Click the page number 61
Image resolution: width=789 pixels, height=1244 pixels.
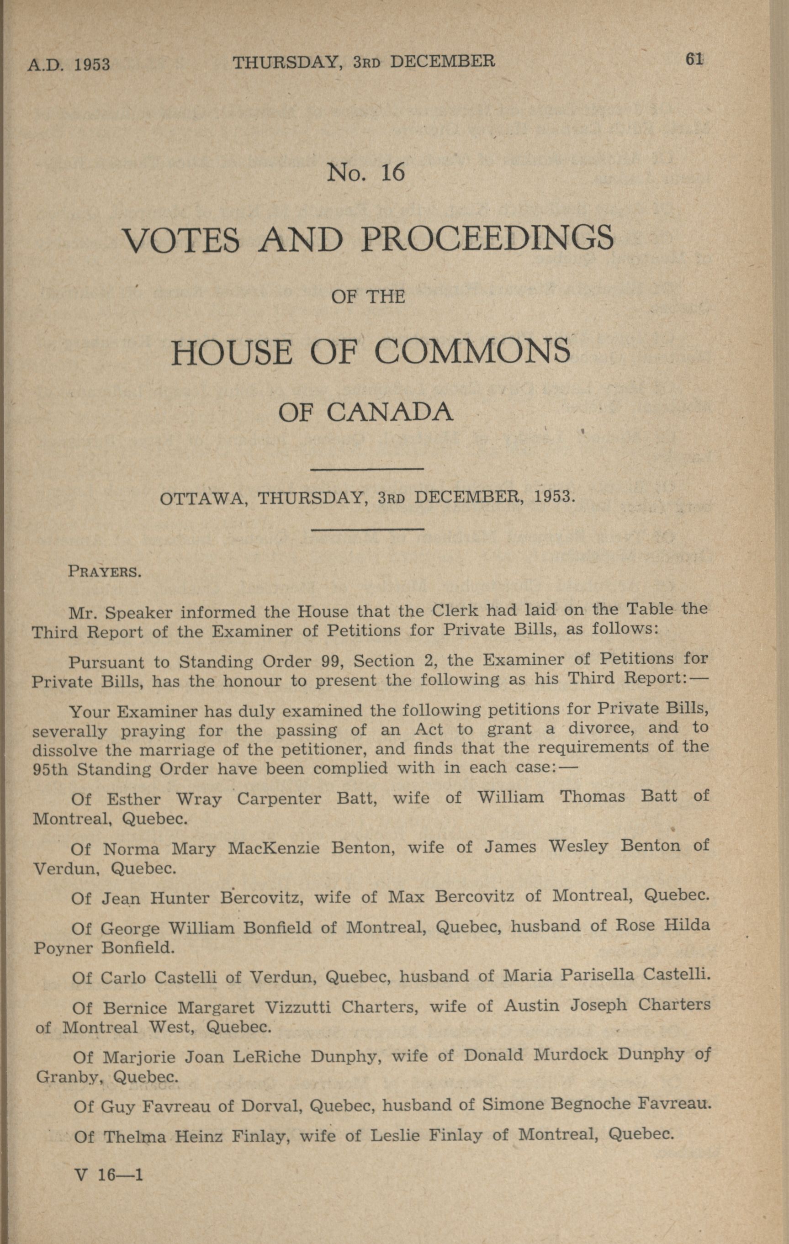coord(694,59)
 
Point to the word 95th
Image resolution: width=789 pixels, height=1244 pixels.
coord(50,769)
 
